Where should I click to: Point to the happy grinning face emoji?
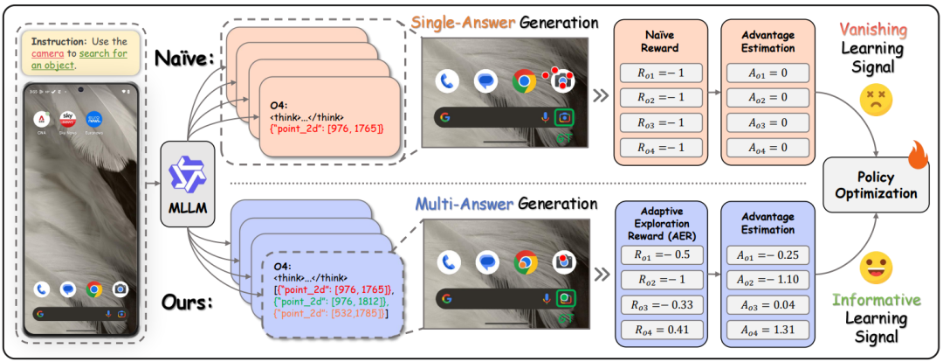873,265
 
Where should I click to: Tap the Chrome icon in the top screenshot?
524,81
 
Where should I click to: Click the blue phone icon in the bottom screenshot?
448,261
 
